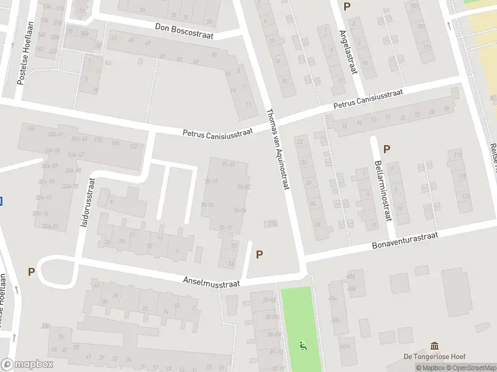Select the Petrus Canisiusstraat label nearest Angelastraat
click(x=368, y=99)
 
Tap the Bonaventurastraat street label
click(x=405, y=241)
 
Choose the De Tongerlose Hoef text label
click(x=434, y=356)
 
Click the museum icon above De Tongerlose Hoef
click(x=434, y=345)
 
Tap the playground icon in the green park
click(x=303, y=345)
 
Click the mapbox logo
click(x=27, y=365)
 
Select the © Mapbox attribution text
click(x=431, y=368)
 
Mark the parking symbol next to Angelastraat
click(x=347, y=7)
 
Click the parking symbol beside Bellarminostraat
click(x=386, y=149)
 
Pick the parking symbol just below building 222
click(x=259, y=254)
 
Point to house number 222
click(x=271, y=223)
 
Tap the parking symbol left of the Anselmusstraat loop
click(x=31, y=272)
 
